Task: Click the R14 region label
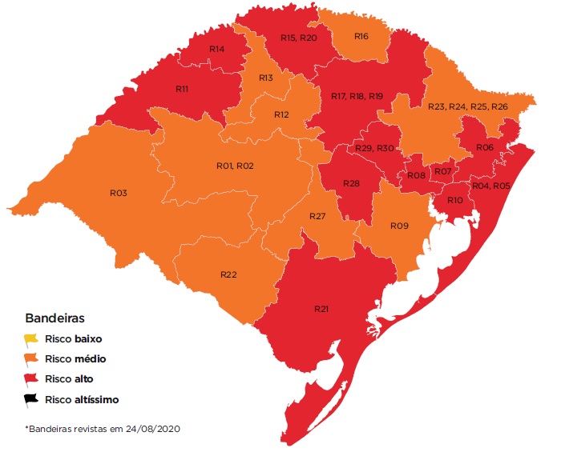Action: coord(216,50)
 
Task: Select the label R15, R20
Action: coord(299,38)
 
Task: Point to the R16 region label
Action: coord(361,37)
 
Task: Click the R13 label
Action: coord(266,78)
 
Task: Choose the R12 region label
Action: coord(280,114)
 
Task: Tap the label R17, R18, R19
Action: coord(357,96)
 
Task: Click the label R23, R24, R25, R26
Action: coord(467,106)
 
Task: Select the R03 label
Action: coord(119,193)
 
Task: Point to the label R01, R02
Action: coord(235,166)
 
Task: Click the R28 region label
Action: coord(351,184)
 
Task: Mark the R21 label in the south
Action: coord(322,308)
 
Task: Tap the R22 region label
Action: coord(228,274)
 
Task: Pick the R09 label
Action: coord(399,226)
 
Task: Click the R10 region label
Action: coord(455,200)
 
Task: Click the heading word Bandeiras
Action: coord(55,318)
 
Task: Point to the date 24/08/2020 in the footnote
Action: coord(151,429)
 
